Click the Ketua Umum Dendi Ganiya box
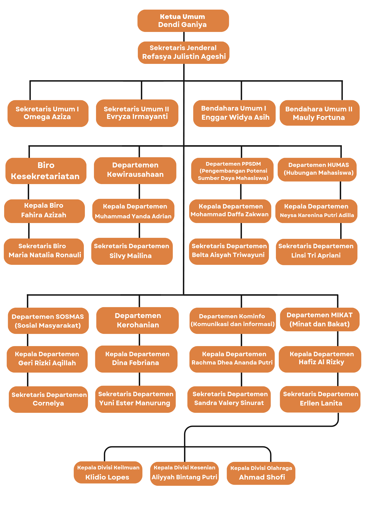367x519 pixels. (x=183, y=21)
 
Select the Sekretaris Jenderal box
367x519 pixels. (x=184, y=52)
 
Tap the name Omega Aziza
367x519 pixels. (x=47, y=117)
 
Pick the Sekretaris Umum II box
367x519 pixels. (x=137, y=113)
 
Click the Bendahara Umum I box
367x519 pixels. (x=234, y=113)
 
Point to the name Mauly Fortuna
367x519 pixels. (x=319, y=118)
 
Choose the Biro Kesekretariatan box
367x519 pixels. (x=46, y=171)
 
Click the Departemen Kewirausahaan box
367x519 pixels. (x=135, y=170)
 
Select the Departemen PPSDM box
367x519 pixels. (x=232, y=171)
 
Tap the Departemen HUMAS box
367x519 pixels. (x=317, y=169)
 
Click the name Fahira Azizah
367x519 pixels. (x=44, y=215)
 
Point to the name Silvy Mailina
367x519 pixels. (x=131, y=256)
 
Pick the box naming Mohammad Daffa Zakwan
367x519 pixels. (x=230, y=211)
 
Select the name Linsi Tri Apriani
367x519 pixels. (x=316, y=255)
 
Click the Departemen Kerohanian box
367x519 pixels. (x=137, y=320)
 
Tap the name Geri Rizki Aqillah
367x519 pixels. (x=47, y=363)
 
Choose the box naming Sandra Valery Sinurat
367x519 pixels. (x=229, y=399)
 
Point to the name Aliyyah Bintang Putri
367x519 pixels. (x=184, y=477)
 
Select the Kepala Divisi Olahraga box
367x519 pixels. (x=261, y=473)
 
